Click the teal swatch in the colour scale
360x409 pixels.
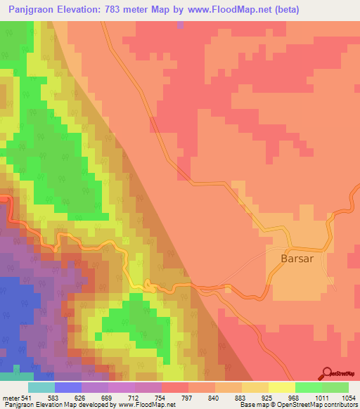[x=41, y=388]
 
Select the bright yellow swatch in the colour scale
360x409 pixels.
[x=282, y=388]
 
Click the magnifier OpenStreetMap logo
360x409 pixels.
[x=328, y=373]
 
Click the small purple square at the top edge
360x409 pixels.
[x=181, y=25]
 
